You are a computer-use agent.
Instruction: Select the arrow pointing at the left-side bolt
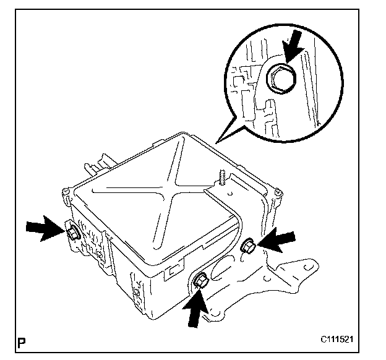(44, 227)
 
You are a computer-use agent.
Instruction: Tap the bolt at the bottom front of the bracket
(201, 283)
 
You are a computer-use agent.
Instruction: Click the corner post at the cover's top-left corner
(66, 194)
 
